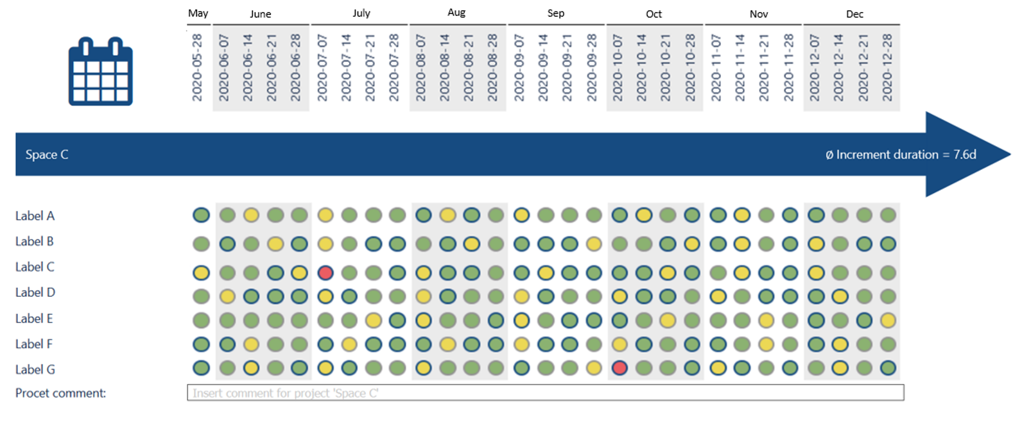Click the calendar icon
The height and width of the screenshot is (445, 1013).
101,72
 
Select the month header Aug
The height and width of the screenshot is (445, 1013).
456,13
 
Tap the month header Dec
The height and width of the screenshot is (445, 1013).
854,14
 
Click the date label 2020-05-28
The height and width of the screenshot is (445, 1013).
197,67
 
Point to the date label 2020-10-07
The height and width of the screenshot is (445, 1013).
618,67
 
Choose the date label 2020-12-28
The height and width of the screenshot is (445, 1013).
887,67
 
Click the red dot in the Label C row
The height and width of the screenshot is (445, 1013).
325,273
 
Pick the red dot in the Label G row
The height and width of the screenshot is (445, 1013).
619,368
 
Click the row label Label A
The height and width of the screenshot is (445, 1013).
35,216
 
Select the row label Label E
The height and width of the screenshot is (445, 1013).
34,319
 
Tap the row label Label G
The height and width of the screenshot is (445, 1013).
35,370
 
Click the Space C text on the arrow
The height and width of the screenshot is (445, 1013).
47,155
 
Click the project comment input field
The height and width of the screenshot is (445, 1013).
545,393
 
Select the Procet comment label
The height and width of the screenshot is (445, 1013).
60,393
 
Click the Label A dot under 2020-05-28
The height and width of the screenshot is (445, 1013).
201,215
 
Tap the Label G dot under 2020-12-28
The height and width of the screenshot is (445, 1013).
888,368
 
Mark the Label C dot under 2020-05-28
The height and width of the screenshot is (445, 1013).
201,273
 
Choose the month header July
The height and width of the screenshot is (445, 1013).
361,13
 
